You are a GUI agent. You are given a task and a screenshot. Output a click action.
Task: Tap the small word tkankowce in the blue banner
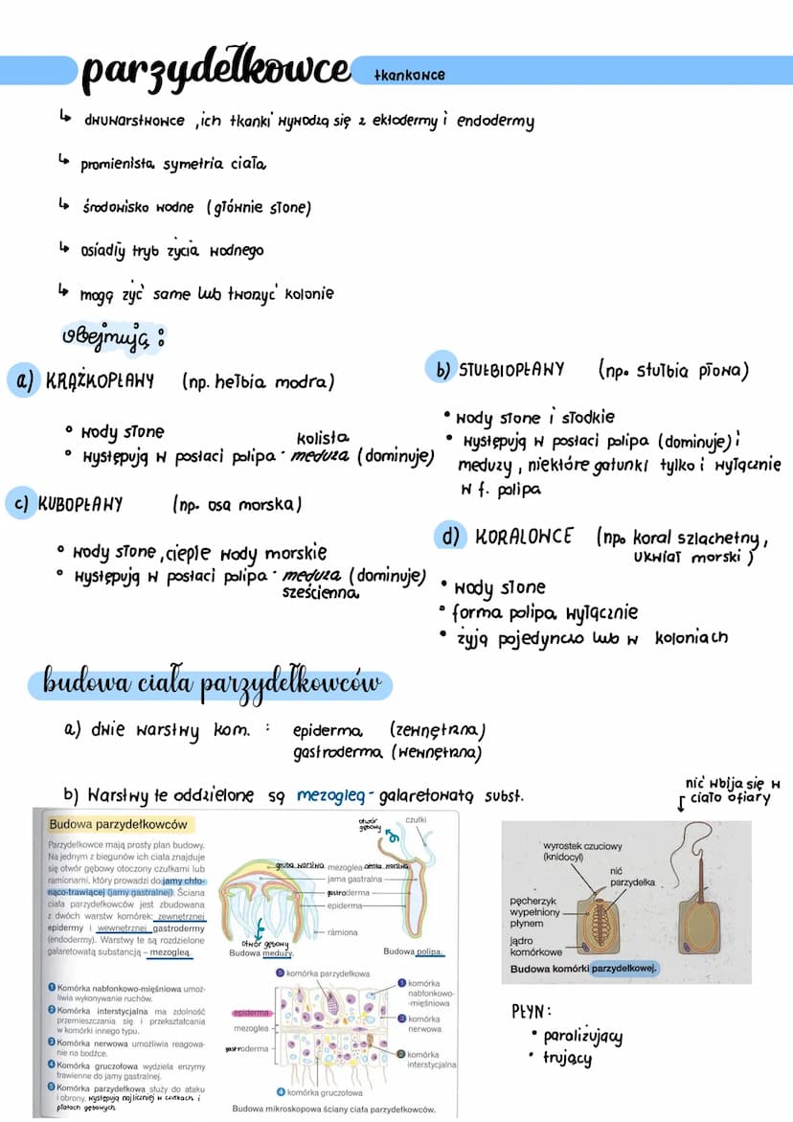pos(410,75)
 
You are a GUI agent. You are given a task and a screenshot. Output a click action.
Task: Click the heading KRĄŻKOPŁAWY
pos(100,381)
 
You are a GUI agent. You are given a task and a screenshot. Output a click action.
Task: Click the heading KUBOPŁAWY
pos(82,504)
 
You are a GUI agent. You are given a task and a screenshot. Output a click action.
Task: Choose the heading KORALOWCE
pos(525,537)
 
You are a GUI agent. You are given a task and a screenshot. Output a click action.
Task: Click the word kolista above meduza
pos(322,437)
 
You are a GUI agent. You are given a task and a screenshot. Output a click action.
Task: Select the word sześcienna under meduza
pos(321,593)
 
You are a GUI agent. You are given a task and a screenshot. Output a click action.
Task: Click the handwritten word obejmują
pos(105,340)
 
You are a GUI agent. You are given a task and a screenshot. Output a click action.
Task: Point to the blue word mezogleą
pos(332,795)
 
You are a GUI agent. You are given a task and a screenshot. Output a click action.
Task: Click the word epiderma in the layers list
pos(328,731)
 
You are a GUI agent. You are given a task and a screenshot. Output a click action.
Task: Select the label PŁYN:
pos(532,1011)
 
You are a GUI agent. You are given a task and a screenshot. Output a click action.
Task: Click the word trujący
pos(567,1059)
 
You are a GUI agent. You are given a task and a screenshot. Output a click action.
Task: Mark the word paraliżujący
pos(582,1036)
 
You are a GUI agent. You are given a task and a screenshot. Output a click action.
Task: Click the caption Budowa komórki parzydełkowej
pos(583,970)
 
